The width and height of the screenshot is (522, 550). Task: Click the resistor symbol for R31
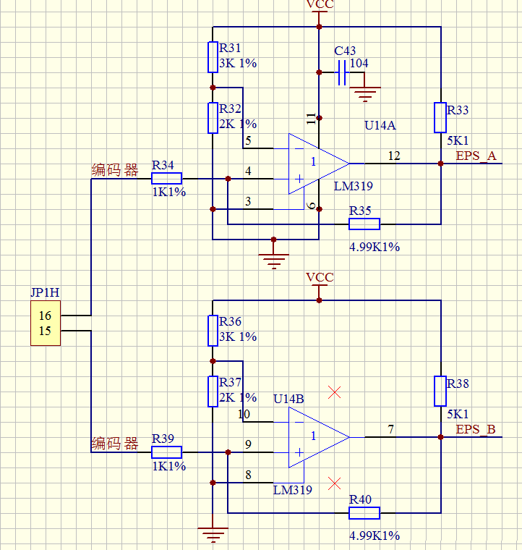pyautogui.click(x=213, y=56)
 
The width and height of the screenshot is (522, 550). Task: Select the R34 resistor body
pyautogui.click(x=166, y=178)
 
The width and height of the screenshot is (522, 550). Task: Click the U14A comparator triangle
pyautogui.click(x=315, y=164)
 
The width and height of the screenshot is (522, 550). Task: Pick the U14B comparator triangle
pyautogui.click(x=315, y=436)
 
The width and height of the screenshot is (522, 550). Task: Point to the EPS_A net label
pyautogui.click(x=476, y=156)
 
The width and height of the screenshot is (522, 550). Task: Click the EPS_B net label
pyautogui.click(x=475, y=429)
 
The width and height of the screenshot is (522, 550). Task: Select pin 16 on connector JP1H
pyautogui.click(x=45, y=316)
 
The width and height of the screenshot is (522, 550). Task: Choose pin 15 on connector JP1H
pyautogui.click(x=45, y=331)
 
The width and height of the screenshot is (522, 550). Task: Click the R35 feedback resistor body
pyautogui.click(x=364, y=224)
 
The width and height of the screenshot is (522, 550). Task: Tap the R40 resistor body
pyautogui.click(x=364, y=513)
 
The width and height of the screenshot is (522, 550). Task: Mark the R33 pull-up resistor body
pyautogui.click(x=440, y=118)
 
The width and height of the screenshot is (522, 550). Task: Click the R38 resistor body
pyautogui.click(x=440, y=391)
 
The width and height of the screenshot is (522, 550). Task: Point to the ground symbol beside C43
pyautogui.click(x=364, y=93)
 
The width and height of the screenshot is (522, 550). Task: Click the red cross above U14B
pyautogui.click(x=334, y=393)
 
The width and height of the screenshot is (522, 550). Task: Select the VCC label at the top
pyautogui.click(x=320, y=5)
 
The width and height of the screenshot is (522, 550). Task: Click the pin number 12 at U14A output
pyautogui.click(x=393, y=156)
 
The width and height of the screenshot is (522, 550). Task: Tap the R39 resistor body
pyautogui.click(x=166, y=452)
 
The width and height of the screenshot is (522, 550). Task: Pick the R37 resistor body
pyautogui.click(x=213, y=391)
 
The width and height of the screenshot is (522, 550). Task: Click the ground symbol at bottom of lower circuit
pyautogui.click(x=213, y=535)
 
